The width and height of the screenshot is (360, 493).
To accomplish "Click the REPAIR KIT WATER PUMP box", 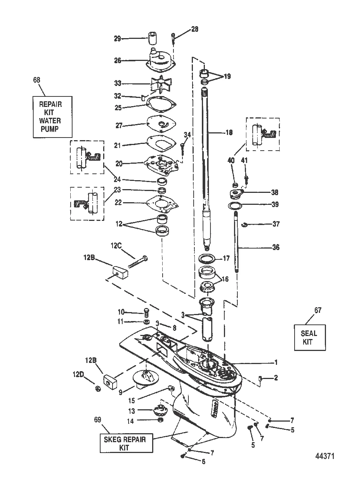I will pos(50,117).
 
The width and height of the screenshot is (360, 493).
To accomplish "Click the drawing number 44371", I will pos(324,456).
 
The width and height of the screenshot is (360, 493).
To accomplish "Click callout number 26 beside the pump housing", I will pos(118,60).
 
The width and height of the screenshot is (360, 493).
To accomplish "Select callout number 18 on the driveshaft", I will pos(229,132).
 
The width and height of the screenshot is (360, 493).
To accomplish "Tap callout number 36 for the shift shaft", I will pos(276,247).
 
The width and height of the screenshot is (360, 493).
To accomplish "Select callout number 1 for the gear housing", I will pos(276,362).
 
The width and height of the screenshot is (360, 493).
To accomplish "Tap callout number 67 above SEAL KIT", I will pos(318,310).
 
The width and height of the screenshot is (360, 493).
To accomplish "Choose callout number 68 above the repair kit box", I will pos(37,80).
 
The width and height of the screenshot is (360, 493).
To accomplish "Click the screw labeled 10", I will pos(146,311).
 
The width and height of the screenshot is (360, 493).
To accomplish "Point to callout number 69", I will pos(97,420).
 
